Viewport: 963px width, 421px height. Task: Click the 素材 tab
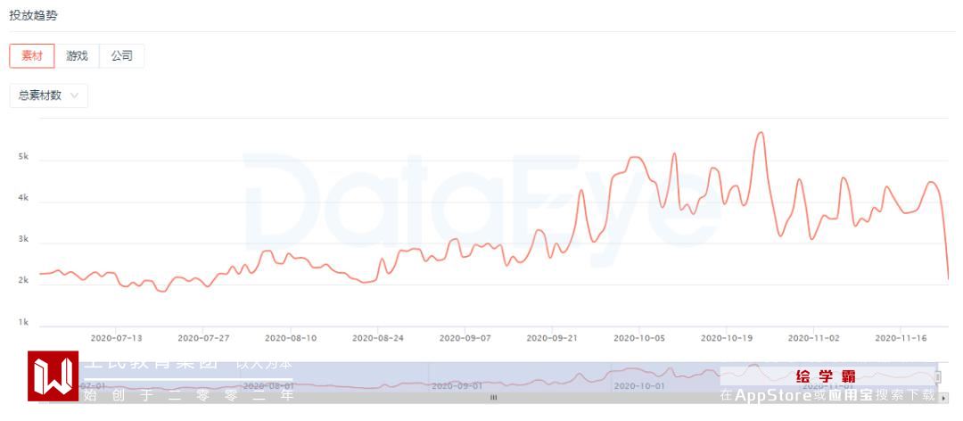[x=32, y=55]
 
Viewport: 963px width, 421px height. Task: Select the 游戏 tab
[x=77, y=55]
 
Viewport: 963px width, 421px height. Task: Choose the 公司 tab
[x=121, y=55]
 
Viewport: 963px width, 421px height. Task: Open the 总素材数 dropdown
[x=48, y=95]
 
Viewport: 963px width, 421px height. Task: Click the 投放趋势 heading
[x=34, y=16]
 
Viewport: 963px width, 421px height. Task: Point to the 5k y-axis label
[x=24, y=157]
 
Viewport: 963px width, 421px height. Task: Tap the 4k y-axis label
[x=24, y=198]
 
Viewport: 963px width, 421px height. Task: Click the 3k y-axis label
[x=24, y=240]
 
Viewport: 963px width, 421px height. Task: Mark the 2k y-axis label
[x=24, y=281]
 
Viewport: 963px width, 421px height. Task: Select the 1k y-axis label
[x=24, y=323]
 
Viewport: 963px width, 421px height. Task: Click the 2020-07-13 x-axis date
[x=117, y=339]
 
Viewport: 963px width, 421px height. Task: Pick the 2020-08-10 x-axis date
[x=292, y=339]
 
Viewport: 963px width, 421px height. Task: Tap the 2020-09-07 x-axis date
[x=465, y=339]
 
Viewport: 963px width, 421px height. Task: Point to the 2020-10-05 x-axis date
[x=639, y=339]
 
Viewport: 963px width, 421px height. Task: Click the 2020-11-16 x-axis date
[x=901, y=339]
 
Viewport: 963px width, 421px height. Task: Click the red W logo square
[x=53, y=376]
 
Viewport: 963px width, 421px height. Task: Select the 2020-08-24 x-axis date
[x=378, y=339]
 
